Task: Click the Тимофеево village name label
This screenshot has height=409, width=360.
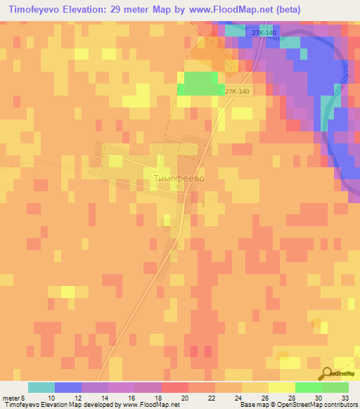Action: tap(179, 178)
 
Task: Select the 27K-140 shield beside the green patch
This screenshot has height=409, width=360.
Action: tap(237, 91)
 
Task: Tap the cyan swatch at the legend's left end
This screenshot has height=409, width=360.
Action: tap(41, 387)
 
